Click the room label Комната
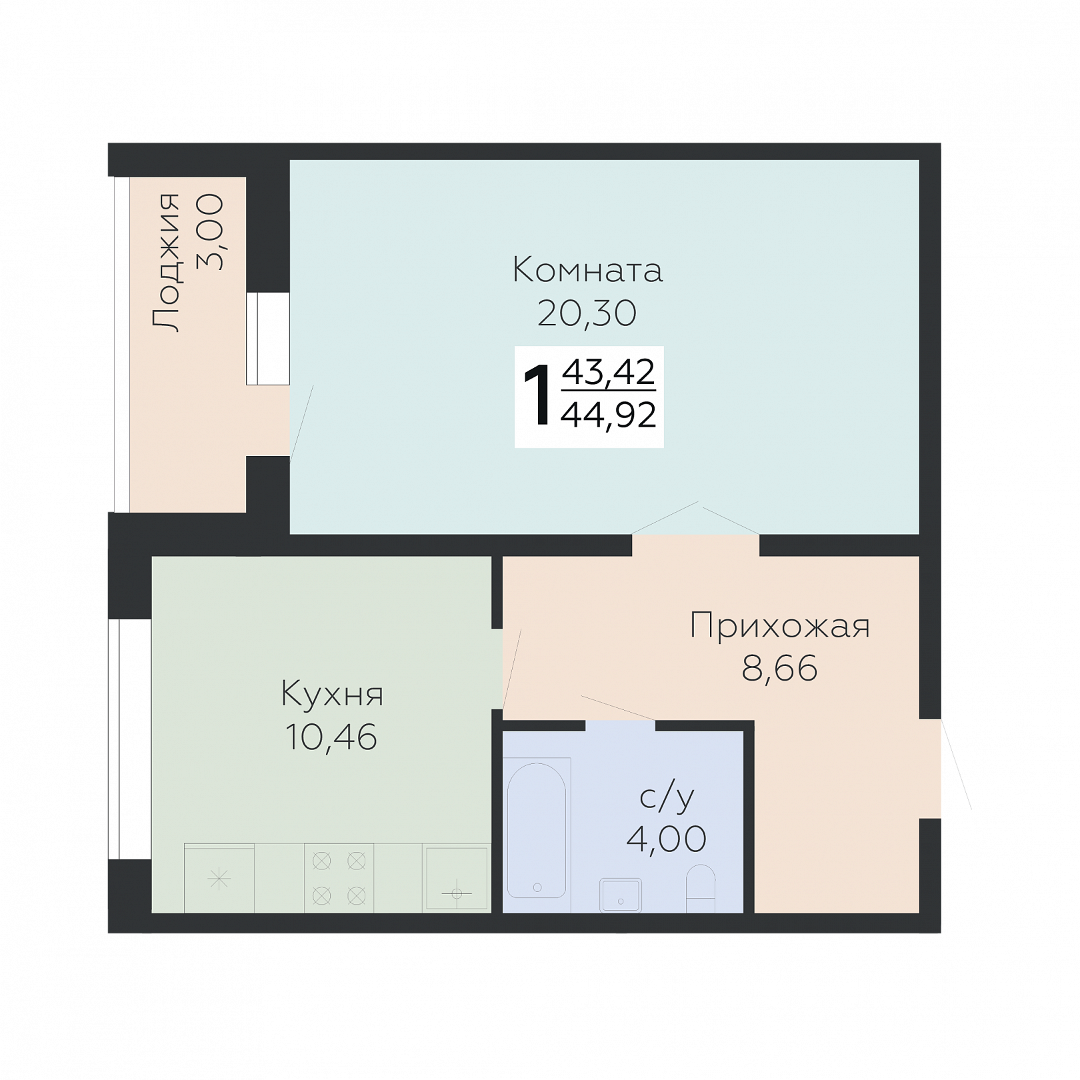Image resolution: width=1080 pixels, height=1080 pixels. coord(587,270)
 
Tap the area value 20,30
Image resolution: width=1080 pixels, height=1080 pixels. coord(587,313)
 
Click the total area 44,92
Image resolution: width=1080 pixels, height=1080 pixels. coord(609,415)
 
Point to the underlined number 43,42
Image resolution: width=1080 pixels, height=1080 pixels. coord(609,371)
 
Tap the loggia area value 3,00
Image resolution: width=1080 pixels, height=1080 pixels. coord(210,231)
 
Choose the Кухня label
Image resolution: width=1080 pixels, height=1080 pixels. coord(332,694)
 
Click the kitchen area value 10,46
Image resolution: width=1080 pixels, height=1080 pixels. coord(331,737)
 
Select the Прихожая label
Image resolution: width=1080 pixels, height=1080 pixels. coord(780,625)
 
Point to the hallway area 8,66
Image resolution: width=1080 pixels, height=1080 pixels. coord(780,668)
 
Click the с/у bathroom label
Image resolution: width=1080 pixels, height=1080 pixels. coord(667,797)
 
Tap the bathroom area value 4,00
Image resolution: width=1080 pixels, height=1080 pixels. coord(667,839)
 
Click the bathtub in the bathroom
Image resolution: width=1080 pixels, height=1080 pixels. coord(537,831)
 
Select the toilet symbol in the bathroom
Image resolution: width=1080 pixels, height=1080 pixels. coord(701,889)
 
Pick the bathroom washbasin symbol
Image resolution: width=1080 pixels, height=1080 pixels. coord(621,895)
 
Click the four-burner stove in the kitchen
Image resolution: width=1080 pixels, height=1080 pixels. coord(339,878)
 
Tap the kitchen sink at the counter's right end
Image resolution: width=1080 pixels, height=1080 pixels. coord(457,878)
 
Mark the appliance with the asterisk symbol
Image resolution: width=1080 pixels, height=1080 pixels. coord(219,879)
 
